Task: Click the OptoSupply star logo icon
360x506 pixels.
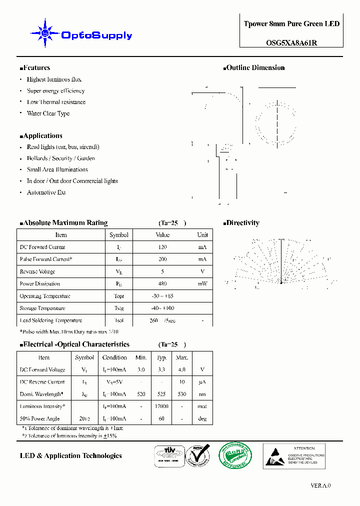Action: [45, 33]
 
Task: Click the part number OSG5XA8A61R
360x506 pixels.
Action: [291, 43]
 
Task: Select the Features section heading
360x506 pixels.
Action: [35, 68]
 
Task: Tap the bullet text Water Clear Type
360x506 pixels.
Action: [48, 113]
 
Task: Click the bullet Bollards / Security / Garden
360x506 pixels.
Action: [60, 158]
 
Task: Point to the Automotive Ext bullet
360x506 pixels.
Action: [46, 192]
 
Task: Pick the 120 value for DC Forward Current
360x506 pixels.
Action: [162, 247]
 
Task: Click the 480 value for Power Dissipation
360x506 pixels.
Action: [162, 284]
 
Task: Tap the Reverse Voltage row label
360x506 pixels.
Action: [37, 272]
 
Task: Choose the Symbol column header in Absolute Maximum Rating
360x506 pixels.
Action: [118, 235]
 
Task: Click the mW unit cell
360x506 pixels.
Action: [202, 284]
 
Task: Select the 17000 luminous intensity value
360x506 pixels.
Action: [161, 406]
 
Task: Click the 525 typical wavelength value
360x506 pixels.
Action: [161, 394]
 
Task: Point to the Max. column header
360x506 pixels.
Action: [181, 358]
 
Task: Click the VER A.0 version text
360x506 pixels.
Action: [320, 485]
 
